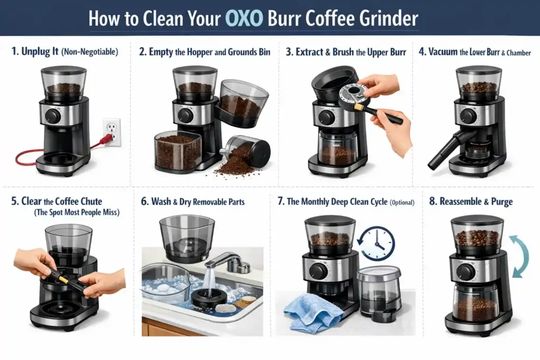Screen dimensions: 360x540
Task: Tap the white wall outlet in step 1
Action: [111, 131]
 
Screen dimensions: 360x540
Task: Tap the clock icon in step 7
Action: [378, 242]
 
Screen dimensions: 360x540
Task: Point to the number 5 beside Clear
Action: [14, 201]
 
